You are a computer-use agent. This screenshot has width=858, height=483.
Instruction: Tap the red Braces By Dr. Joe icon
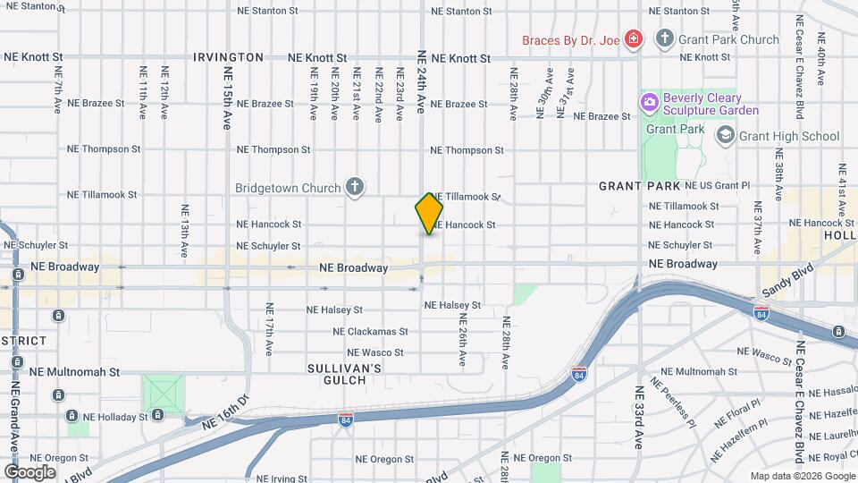point(634,38)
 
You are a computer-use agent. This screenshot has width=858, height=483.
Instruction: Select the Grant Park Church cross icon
point(664,38)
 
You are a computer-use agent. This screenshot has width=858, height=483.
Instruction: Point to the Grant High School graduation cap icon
point(725,136)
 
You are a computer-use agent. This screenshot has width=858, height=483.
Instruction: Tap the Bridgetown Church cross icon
point(355,188)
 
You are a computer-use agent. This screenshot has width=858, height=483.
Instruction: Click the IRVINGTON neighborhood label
point(229,57)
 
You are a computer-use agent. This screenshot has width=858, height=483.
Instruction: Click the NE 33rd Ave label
point(639,417)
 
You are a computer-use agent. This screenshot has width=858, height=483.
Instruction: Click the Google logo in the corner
point(29,471)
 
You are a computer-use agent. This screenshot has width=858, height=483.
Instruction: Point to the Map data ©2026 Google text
point(801,476)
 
